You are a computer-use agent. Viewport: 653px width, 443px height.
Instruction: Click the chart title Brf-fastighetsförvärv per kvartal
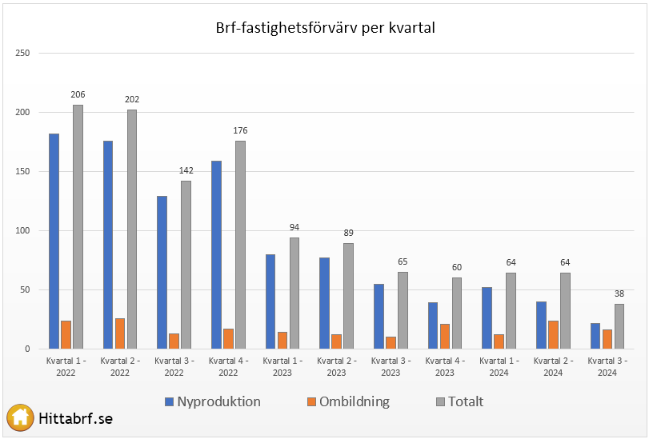point(325,28)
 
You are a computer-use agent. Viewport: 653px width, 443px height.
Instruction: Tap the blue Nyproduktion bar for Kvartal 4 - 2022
point(217,254)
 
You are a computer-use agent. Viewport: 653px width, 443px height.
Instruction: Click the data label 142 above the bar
point(186,171)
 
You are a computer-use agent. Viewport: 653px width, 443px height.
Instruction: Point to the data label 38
point(619,293)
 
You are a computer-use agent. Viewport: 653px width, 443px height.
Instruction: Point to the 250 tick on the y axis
point(22,54)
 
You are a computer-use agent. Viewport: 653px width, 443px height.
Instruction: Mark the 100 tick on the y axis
point(22,231)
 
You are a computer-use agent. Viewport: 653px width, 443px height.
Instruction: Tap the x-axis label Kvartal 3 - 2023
point(391,366)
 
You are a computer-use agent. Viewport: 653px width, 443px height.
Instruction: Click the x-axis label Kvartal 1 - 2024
point(499,366)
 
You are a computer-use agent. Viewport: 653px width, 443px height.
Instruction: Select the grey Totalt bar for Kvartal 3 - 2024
point(619,326)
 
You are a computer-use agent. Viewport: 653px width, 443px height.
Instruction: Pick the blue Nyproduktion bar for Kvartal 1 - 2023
point(270,301)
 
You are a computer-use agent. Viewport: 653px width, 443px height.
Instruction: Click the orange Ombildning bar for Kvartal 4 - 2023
point(445,336)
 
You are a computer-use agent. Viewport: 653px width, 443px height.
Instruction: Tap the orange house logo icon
point(20,417)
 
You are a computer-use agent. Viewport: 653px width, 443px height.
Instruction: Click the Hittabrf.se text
point(76,418)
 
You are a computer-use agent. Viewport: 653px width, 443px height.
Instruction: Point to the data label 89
point(348,233)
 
